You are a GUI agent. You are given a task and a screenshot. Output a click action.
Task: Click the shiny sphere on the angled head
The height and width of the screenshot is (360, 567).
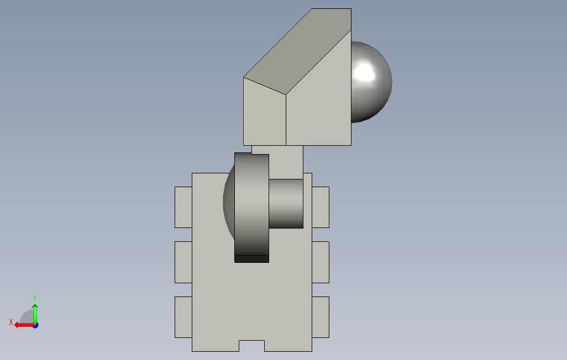371,82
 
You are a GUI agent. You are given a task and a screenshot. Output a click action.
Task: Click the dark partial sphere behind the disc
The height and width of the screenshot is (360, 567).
229,203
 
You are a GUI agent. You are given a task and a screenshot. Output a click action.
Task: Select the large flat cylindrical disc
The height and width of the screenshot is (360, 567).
251,204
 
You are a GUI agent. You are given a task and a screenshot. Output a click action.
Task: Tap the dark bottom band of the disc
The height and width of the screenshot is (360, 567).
251,259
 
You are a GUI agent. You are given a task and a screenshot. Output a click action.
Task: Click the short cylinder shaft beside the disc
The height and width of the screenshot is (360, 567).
286,204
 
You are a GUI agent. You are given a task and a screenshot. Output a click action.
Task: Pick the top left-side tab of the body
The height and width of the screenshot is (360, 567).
183,207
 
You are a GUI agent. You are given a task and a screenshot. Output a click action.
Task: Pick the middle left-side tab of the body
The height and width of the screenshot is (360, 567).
183,262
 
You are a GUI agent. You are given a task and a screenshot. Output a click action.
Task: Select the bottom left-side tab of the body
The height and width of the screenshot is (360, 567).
183,317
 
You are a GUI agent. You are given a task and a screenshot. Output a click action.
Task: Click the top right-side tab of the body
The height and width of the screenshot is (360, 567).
321,207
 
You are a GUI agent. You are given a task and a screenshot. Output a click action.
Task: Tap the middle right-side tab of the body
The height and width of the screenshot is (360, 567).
321,262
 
